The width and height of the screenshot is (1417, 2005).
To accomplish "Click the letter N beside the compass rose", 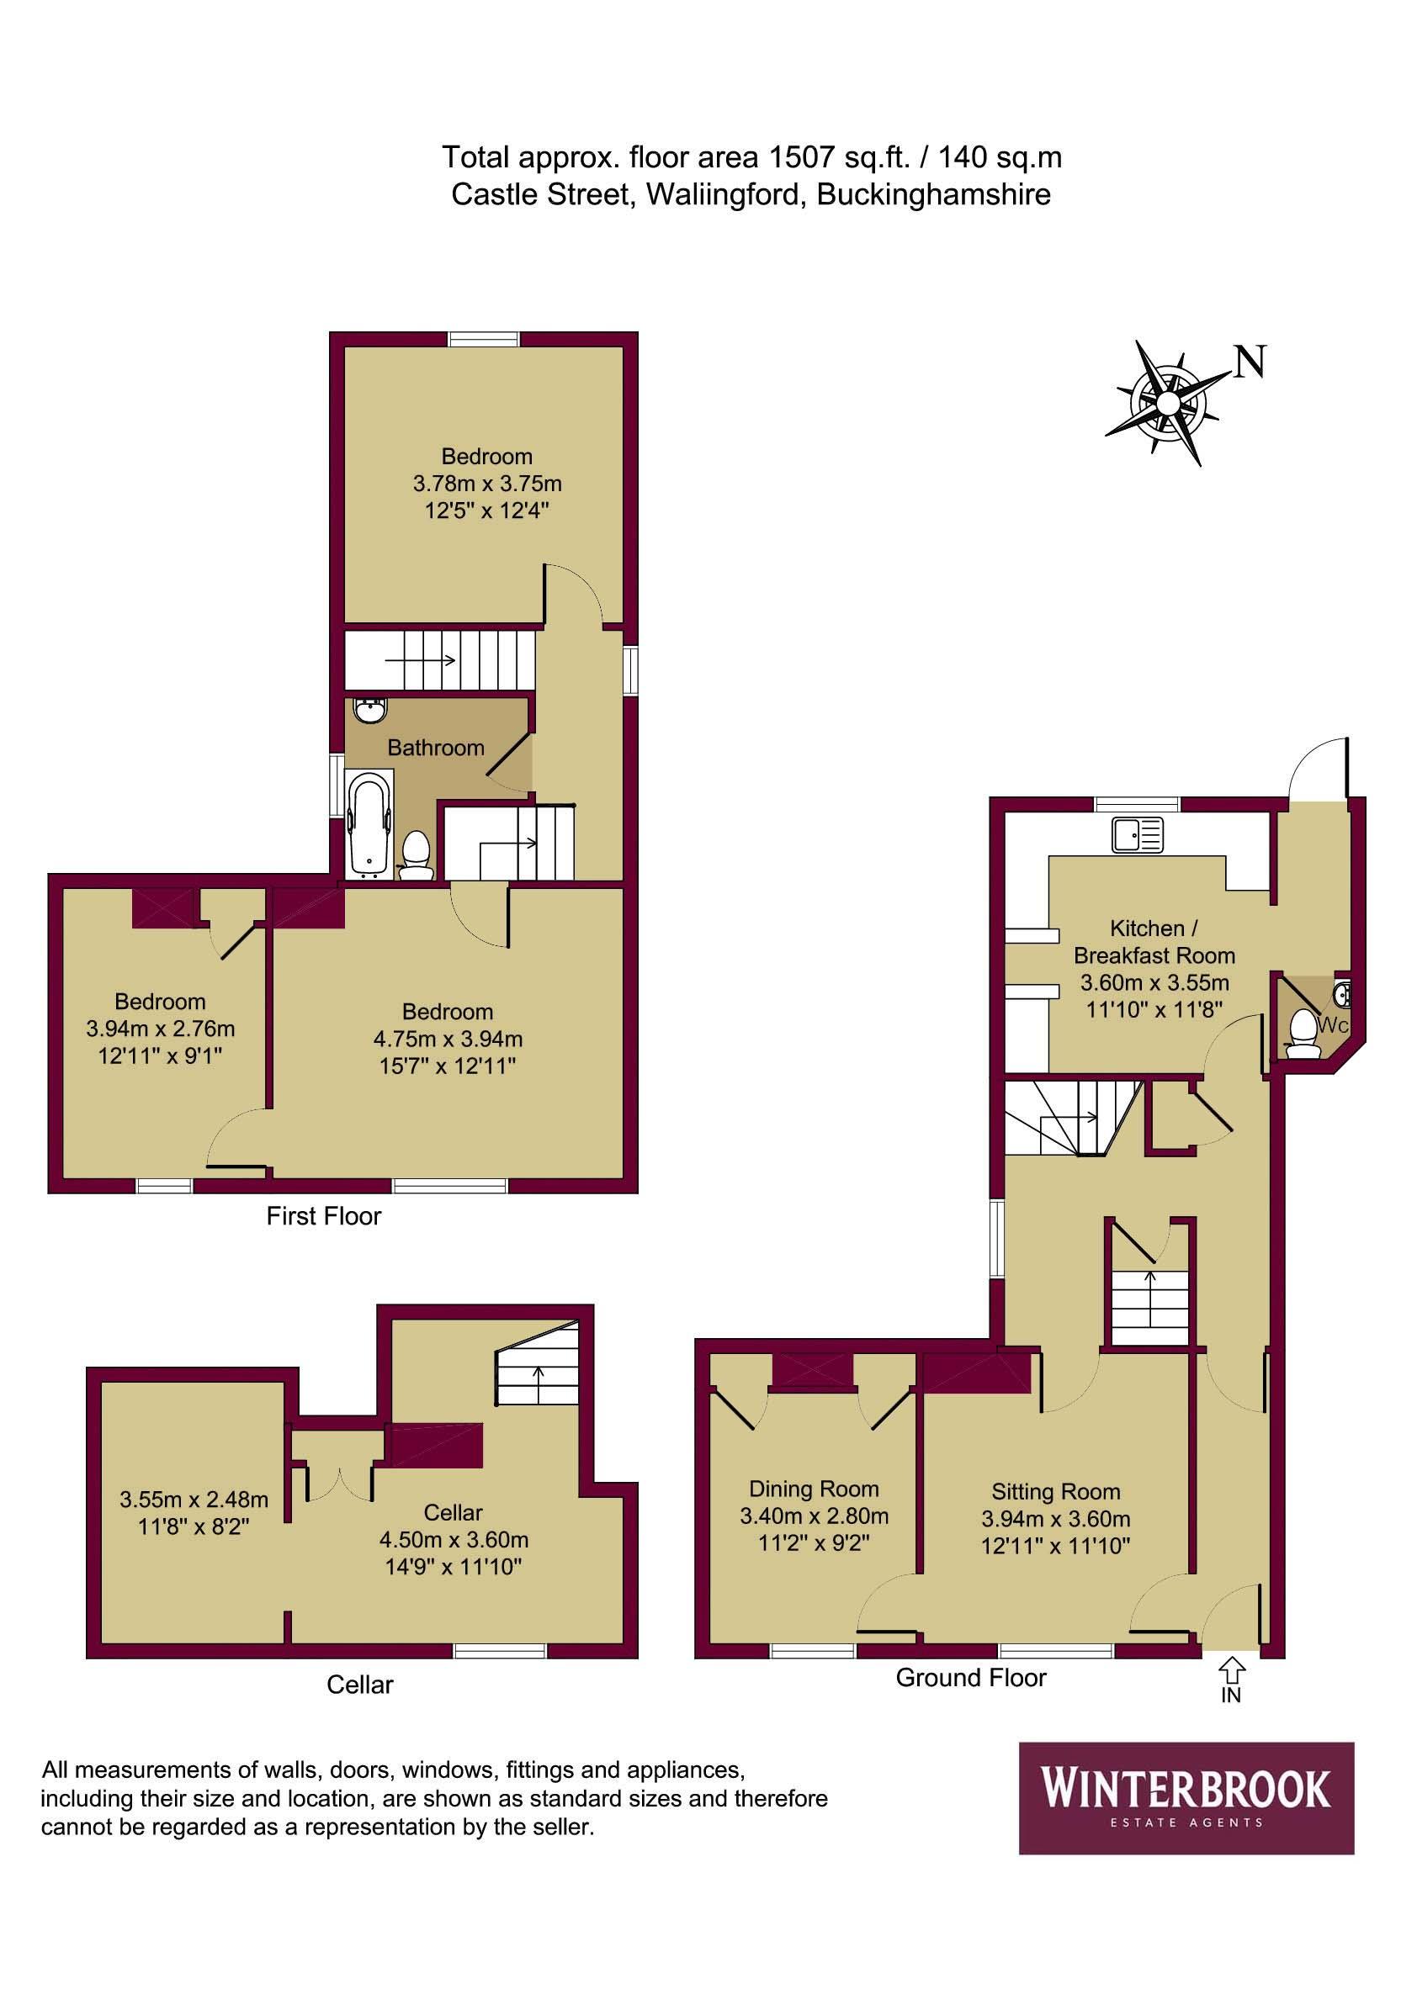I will (x=1250, y=362).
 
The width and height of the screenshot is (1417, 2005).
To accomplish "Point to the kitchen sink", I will (x=1138, y=834).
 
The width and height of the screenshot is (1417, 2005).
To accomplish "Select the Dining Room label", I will (x=814, y=1489).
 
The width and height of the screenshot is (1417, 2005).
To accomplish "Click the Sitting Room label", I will (x=1055, y=1491).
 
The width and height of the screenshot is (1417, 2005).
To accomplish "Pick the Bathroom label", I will (x=435, y=748).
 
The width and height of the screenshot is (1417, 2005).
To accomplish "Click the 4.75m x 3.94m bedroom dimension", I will (x=448, y=1040).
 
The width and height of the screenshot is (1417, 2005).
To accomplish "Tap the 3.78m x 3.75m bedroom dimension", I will (x=486, y=483).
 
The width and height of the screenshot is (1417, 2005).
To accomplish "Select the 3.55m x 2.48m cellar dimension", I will (x=194, y=1500).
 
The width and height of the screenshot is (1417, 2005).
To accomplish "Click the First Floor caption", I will (x=323, y=1216).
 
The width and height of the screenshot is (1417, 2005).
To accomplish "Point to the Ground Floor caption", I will (x=970, y=1678).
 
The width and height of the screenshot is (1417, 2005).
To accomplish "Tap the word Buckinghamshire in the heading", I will (x=932, y=194).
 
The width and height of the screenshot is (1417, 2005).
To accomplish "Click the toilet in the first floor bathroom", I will (x=415, y=853).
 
